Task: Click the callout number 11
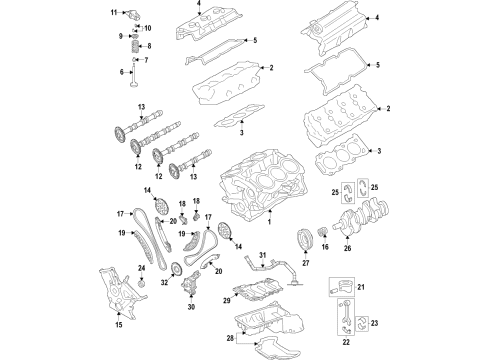(115, 12)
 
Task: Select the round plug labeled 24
(141, 288)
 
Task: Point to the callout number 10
(149, 27)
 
